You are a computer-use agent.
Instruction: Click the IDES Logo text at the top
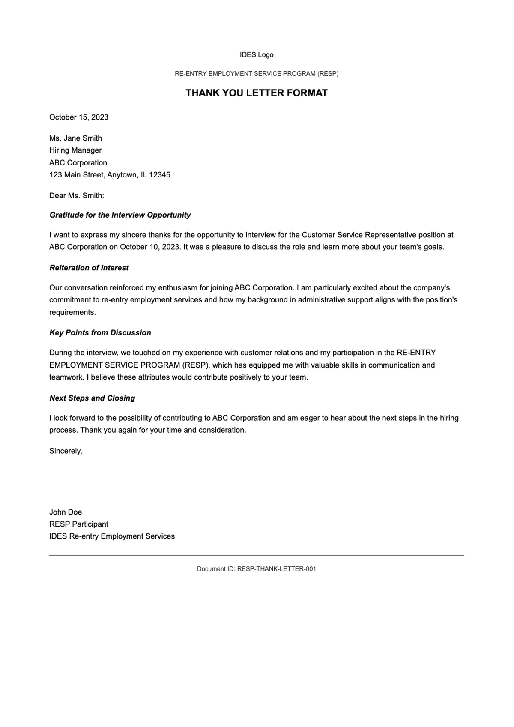tap(257, 55)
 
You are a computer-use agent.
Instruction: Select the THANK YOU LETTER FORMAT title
tap(257, 93)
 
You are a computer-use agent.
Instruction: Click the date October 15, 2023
tap(79, 117)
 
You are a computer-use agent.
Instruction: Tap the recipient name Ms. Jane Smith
tap(75, 138)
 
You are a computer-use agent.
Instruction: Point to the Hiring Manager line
tap(75, 150)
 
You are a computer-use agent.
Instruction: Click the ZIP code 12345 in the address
tap(159, 175)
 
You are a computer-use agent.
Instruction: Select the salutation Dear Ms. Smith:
tap(77, 196)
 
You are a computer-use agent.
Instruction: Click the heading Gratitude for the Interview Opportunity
tap(120, 215)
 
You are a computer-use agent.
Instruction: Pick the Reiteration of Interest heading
tap(89, 268)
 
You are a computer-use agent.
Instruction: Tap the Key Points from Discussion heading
tap(100, 333)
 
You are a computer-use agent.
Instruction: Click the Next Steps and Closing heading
tap(92, 398)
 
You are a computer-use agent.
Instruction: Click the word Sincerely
tap(65, 451)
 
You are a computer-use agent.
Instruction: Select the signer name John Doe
tap(66, 512)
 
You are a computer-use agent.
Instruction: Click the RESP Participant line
tap(79, 524)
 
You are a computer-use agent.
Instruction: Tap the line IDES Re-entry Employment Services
tap(112, 536)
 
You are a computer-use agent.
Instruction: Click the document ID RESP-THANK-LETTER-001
tap(276, 569)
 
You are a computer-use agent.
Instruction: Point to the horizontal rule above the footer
tap(257, 556)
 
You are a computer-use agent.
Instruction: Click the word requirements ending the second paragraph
tap(72, 312)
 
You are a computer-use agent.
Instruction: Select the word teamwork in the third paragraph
tap(66, 377)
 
